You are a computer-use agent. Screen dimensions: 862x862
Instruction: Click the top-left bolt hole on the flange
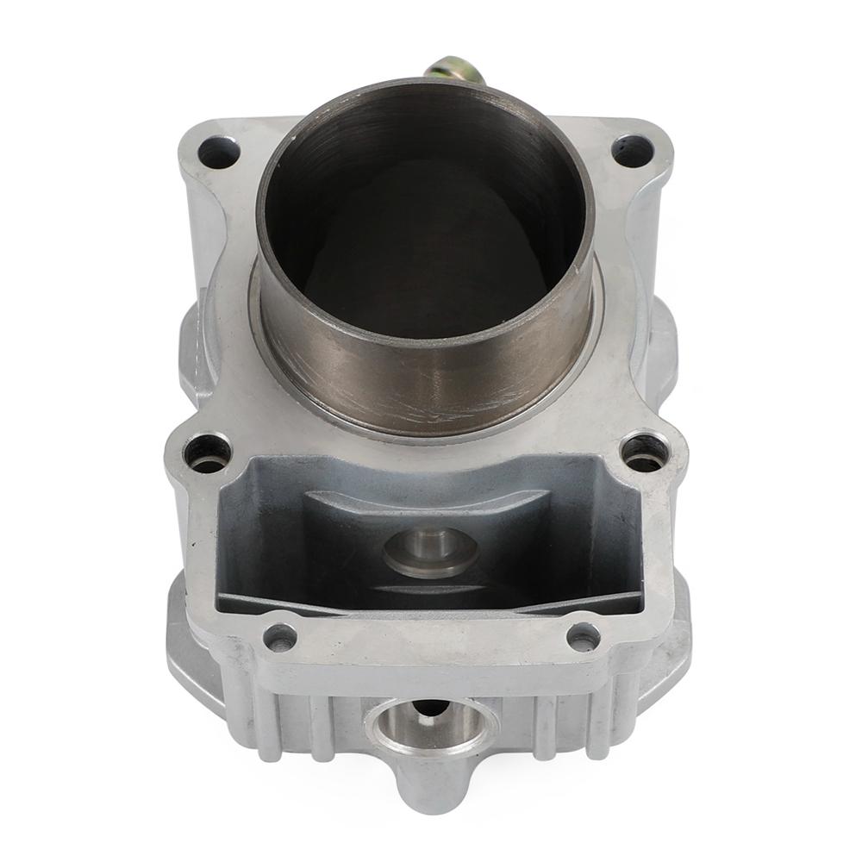218,153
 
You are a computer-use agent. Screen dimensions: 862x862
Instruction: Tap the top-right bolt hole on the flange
632,151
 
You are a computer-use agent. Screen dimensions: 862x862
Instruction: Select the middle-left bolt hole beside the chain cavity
209,451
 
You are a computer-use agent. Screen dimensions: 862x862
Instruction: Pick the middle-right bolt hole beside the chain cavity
646,451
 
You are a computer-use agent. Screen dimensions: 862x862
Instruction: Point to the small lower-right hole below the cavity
584,636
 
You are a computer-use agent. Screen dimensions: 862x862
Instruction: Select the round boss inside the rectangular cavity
430,550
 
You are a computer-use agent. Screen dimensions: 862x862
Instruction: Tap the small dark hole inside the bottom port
431,709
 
